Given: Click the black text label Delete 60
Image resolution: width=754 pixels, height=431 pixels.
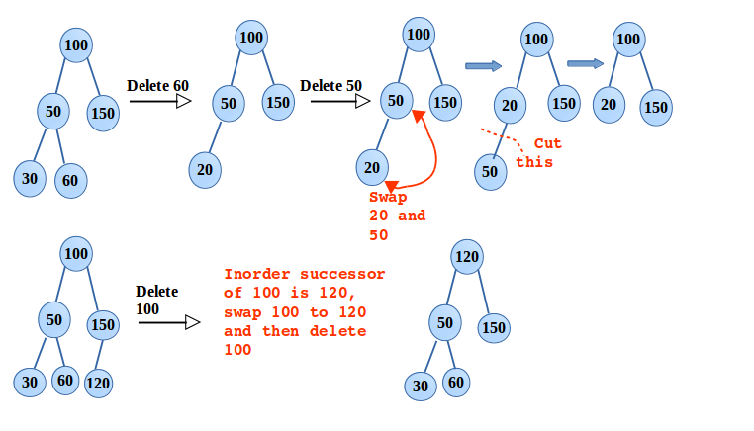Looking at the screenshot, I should [x=157, y=86].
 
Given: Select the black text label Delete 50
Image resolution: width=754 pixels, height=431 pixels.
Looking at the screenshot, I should [x=330, y=86].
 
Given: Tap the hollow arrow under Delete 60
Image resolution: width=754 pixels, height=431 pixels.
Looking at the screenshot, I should [x=159, y=101].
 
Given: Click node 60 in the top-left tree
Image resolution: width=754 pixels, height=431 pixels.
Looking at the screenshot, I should [x=69, y=181].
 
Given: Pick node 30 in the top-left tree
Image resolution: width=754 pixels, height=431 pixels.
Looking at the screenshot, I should [x=29, y=179].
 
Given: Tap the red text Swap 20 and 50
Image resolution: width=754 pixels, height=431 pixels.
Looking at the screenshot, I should [x=396, y=216].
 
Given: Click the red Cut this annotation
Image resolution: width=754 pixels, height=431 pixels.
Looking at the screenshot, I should [x=539, y=153].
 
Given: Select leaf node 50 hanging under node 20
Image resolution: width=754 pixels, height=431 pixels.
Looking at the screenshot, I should [x=490, y=171].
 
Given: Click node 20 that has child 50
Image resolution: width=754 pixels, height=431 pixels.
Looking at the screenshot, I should [x=510, y=105].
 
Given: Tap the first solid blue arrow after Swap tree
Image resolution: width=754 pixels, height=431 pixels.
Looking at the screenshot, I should [x=483, y=66].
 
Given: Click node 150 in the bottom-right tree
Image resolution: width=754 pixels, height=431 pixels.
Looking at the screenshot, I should [x=495, y=327].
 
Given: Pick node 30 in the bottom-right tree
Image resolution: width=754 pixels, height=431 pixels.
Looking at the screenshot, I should [x=421, y=386].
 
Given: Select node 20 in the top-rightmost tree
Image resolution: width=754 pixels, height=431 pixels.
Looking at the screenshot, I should [x=610, y=104].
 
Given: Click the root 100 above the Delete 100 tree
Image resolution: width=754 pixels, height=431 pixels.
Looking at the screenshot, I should [x=77, y=253].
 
